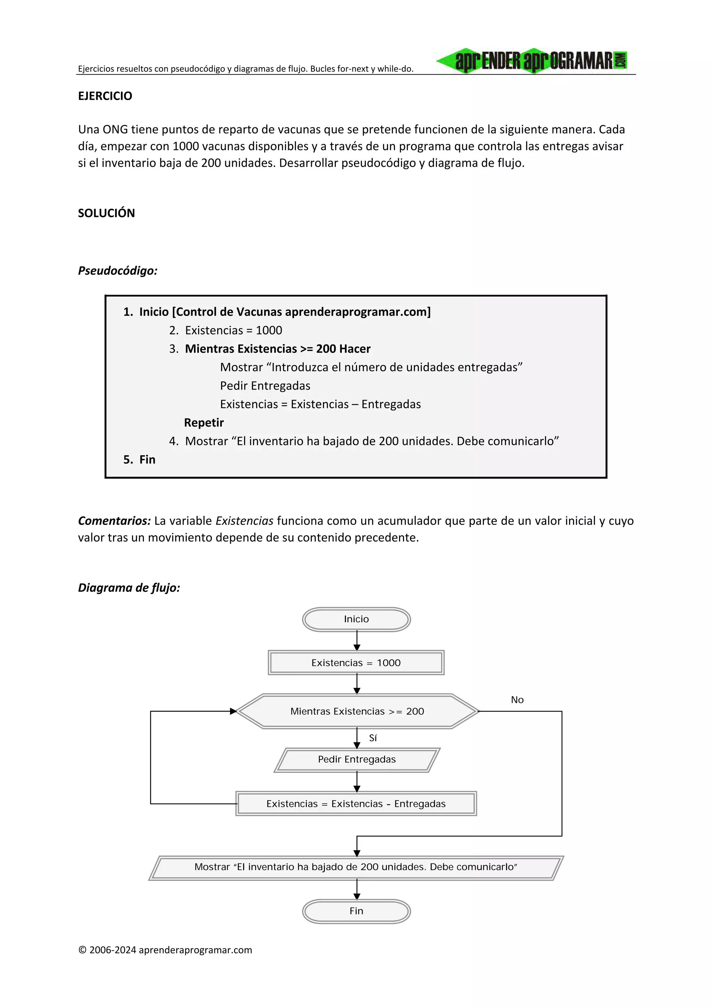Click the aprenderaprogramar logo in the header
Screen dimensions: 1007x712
(532, 60)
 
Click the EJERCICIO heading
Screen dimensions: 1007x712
(105, 96)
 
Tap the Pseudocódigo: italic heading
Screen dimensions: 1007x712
(118, 271)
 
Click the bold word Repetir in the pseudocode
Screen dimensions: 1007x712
(204, 423)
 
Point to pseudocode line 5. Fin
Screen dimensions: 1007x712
(139, 460)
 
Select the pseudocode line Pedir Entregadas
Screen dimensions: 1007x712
(265, 386)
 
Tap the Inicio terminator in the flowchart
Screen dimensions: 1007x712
(356, 619)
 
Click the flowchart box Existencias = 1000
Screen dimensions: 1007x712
(356, 663)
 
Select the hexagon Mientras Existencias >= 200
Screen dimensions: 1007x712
(357, 712)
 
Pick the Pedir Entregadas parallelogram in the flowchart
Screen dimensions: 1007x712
(357, 760)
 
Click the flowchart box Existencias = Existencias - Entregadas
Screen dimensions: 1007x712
(356, 804)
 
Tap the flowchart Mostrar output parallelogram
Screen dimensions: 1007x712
(356, 867)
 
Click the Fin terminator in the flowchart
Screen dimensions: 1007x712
(356, 911)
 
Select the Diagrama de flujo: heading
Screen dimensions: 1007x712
(129, 588)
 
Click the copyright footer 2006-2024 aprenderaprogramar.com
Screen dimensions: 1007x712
(165, 950)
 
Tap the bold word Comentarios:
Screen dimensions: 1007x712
(114, 521)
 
